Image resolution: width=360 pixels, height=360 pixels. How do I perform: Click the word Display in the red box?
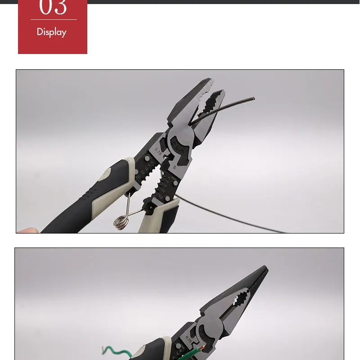pyautogui.click(x=51, y=32)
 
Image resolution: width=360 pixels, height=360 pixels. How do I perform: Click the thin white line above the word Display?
pyautogui.click(x=54, y=20)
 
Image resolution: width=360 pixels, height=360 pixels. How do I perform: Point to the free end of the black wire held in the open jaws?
pyautogui.click(x=253, y=98)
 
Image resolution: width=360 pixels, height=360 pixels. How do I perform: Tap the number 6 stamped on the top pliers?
pyautogui.click(x=174, y=167)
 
